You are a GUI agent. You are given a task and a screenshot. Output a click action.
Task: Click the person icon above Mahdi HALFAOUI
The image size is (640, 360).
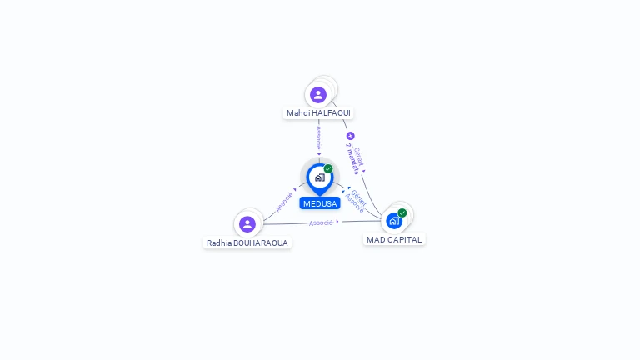click(x=318, y=94)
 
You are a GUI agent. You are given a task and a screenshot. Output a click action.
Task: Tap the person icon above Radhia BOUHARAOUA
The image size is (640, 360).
click(x=247, y=223)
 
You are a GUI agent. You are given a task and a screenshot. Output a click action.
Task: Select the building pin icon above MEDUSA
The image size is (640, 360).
click(x=319, y=177)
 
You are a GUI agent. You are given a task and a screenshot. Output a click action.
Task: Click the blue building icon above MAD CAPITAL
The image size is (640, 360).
click(x=394, y=221)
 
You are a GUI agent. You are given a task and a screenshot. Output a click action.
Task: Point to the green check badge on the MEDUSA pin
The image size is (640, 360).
click(x=328, y=168)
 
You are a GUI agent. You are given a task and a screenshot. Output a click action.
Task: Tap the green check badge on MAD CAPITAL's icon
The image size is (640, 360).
click(x=402, y=212)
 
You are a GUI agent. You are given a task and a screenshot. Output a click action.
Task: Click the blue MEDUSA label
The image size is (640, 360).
click(x=320, y=203)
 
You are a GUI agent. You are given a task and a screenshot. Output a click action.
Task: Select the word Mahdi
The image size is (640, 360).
click(x=297, y=112)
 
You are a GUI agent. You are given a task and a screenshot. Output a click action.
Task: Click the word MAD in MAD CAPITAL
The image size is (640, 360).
click(x=376, y=239)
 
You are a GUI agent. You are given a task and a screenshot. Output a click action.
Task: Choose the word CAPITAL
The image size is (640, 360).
click(x=406, y=239)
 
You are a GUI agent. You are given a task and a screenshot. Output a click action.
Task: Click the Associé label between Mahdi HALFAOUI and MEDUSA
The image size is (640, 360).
click(x=318, y=137)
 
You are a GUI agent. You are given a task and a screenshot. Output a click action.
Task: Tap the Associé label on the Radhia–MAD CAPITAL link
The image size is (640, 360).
click(x=321, y=222)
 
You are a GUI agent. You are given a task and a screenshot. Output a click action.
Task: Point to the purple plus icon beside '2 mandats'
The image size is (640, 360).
click(x=350, y=136)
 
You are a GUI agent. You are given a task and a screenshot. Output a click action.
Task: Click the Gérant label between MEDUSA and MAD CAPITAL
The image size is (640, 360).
click(x=359, y=196)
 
